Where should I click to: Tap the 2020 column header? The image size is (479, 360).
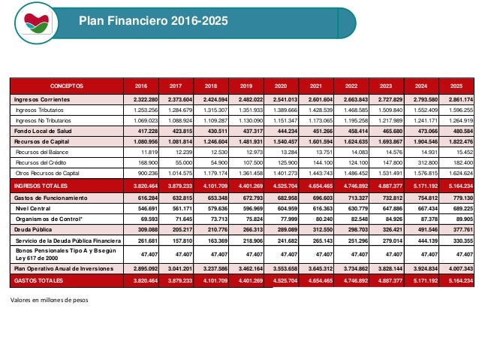279,86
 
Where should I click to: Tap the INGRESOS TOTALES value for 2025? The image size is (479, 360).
456,185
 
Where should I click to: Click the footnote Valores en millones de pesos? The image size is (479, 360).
50,300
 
